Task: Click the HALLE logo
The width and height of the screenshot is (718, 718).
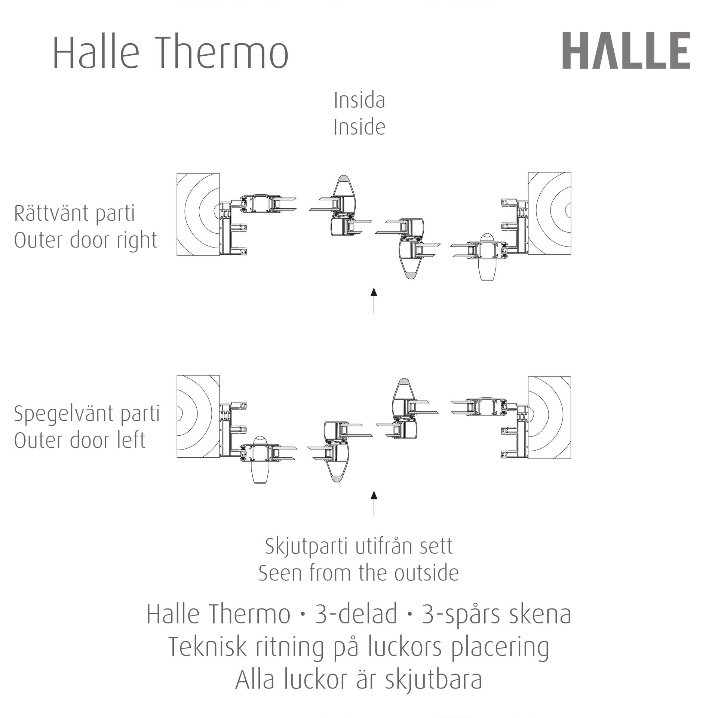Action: [626, 50]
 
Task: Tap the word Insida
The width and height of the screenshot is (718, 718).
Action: [359, 100]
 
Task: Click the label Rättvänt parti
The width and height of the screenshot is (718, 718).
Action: [74, 214]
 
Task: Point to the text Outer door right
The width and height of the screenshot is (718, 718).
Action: [86, 241]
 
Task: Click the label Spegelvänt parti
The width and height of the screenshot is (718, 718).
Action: [87, 414]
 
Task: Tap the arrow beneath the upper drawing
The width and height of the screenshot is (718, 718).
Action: [374, 300]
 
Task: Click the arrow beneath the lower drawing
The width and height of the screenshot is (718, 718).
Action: [374, 504]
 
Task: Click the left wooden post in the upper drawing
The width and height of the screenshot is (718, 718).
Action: [198, 215]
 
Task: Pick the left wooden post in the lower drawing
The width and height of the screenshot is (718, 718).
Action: [198, 417]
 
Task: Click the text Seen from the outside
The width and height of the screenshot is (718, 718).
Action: [359, 573]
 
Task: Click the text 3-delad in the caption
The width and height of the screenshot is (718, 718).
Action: [356, 614]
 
